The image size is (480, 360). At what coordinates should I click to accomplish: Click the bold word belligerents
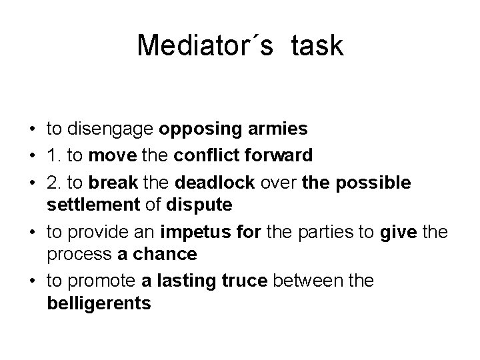click(x=99, y=304)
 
